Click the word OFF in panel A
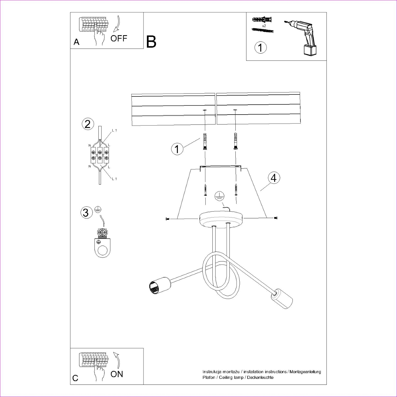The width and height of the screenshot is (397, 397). [x=119, y=38]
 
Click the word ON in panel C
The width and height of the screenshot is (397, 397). [x=117, y=374]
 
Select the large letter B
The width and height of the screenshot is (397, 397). [x=151, y=42]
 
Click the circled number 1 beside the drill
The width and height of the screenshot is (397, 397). [x=261, y=47]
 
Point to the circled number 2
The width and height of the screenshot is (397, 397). [x=88, y=124]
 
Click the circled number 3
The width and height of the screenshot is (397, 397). [x=86, y=212]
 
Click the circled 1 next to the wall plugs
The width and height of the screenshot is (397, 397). [x=177, y=149]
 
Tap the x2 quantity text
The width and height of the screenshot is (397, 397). [x=264, y=26]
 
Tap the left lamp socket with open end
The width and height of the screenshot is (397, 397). [x=159, y=286]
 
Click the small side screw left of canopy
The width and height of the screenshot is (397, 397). [x=166, y=219]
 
